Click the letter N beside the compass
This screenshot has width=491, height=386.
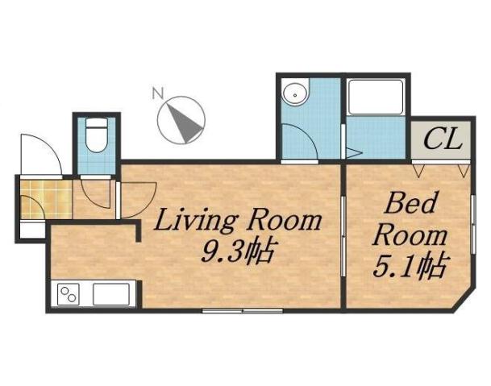coord(159,93)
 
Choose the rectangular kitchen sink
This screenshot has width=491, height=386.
coord(111,293)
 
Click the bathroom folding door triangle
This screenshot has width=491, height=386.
coord(350,151)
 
